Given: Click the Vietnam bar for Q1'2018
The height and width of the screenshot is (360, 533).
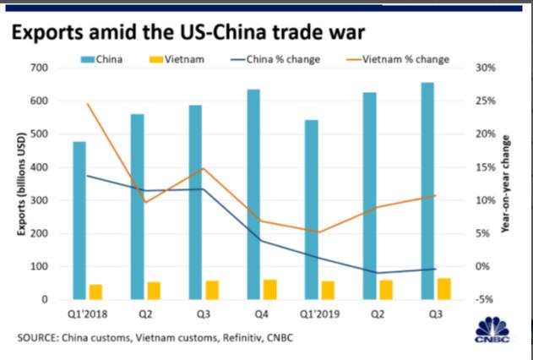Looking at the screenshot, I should click(95, 292).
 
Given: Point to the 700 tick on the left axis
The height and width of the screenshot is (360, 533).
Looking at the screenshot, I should click(39, 68).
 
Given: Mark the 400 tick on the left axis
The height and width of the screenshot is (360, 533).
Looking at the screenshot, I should click(39, 167).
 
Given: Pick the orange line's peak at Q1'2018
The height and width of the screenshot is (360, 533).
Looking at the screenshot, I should click(88, 103).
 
